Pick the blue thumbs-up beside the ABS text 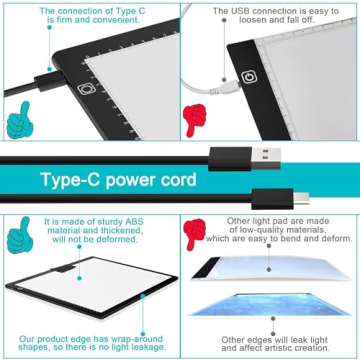point(17,236)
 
